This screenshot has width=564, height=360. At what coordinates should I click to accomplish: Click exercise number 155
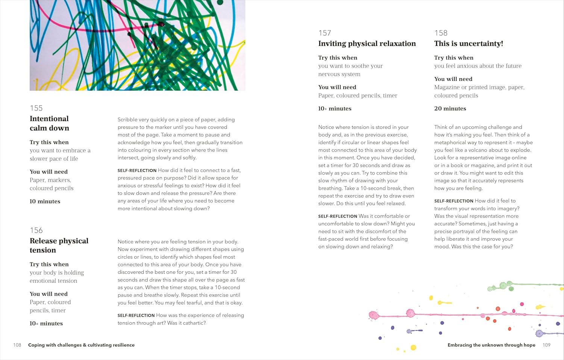pyautogui.click(x=36, y=108)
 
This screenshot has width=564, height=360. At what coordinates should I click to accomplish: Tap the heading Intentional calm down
pyautogui.click(x=49, y=123)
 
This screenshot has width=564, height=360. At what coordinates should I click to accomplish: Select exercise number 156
pyautogui.click(x=36, y=230)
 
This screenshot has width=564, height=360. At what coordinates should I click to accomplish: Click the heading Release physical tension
pyautogui.click(x=59, y=245)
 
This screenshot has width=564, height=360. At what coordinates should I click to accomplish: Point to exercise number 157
pyautogui.click(x=324, y=33)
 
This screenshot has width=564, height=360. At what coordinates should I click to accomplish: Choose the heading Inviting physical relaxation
pyautogui.click(x=367, y=44)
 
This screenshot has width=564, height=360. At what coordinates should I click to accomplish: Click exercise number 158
pyautogui.click(x=441, y=33)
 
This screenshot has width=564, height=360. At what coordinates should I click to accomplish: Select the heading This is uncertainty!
pyautogui.click(x=468, y=44)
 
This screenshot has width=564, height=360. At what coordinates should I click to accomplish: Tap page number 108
pyautogui.click(x=17, y=345)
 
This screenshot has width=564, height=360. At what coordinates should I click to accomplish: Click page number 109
pyautogui.click(x=546, y=345)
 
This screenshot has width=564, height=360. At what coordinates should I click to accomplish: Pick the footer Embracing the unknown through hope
pyautogui.click(x=491, y=345)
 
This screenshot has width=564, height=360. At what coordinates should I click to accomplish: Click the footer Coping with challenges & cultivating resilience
pyautogui.click(x=81, y=345)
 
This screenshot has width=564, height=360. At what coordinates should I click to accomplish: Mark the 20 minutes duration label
pyautogui.click(x=450, y=108)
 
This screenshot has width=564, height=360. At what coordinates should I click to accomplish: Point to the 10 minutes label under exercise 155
pyautogui.click(x=45, y=201)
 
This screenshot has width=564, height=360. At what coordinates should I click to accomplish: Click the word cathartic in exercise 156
pyautogui.click(x=193, y=323)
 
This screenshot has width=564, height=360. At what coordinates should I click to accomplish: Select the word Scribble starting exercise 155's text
pyautogui.click(x=127, y=120)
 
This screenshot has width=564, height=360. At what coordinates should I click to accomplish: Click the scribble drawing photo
pyautogui.click(x=137, y=45)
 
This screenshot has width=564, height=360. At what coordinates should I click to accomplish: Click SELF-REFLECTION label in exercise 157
pyautogui.click(x=338, y=216)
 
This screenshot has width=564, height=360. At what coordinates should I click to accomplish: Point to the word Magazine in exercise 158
pyautogui.click(x=447, y=87)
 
